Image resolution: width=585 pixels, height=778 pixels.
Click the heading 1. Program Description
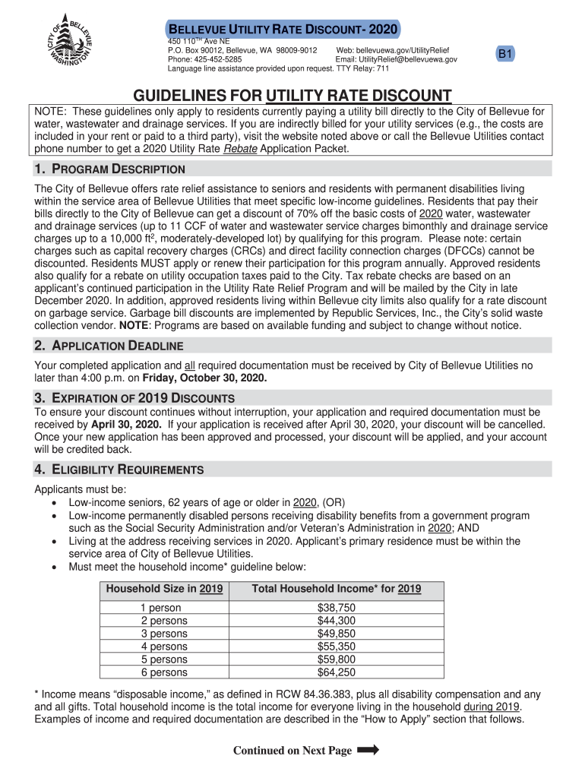pyautogui.click(x=109, y=169)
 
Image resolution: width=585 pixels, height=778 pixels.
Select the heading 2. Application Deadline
pyautogui.click(x=109, y=346)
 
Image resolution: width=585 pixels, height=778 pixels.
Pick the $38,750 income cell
pyautogui.click(x=336, y=608)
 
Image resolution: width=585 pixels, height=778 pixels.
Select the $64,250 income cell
pyautogui.click(x=336, y=672)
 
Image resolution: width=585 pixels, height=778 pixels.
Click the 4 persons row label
pyautogui.click(x=164, y=647)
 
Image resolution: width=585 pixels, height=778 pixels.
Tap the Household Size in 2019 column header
pyautogui.click(x=164, y=589)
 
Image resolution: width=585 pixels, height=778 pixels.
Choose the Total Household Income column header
pyautogui.click(x=337, y=589)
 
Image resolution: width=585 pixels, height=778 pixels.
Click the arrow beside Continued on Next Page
pyautogui.click(x=367, y=750)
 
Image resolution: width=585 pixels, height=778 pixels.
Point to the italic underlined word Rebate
pyautogui.click(x=240, y=149)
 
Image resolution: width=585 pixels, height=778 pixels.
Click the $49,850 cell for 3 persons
pyautogui.click(x=336, y=634)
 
